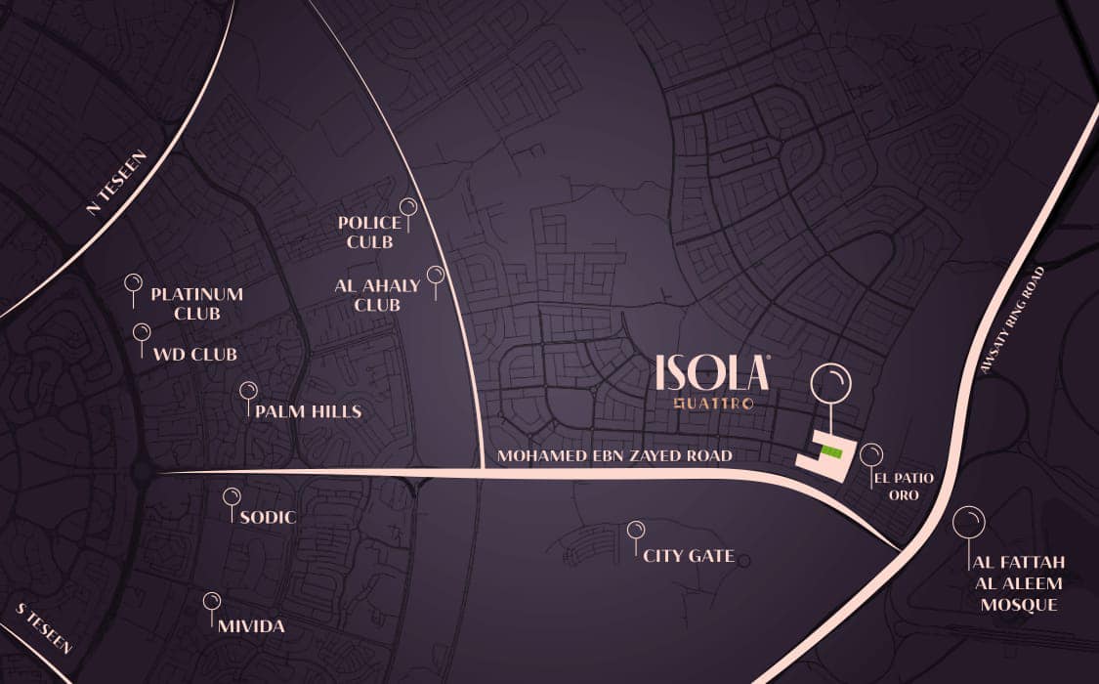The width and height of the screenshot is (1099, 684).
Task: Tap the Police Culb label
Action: [369, 232]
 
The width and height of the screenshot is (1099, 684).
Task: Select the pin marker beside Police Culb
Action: [408, 207]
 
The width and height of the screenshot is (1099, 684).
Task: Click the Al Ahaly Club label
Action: [377, 295]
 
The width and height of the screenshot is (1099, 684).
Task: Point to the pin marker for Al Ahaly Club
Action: [436, 275]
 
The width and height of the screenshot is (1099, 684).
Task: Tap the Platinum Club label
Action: [196, 303]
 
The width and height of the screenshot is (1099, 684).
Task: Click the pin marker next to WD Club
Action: [142, 333]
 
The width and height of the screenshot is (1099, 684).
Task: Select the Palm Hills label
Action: [308, 411]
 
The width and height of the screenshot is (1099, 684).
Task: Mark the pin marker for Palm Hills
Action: [248, 391]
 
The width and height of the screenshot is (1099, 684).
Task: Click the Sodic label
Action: [267, 517]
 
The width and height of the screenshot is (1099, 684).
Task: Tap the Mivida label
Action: [252, 625]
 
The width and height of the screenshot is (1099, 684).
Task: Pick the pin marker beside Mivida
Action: [211, 601]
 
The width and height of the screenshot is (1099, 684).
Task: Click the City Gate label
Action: [689, 556]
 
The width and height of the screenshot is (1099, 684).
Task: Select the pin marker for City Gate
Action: [636, 531]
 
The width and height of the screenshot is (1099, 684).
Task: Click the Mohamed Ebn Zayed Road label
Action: [614, 455]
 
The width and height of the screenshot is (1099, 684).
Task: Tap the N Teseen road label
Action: [115, 183]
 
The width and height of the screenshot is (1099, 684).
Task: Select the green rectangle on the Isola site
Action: [829, 450]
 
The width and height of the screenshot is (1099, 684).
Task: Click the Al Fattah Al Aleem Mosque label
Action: [1018, 583]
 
